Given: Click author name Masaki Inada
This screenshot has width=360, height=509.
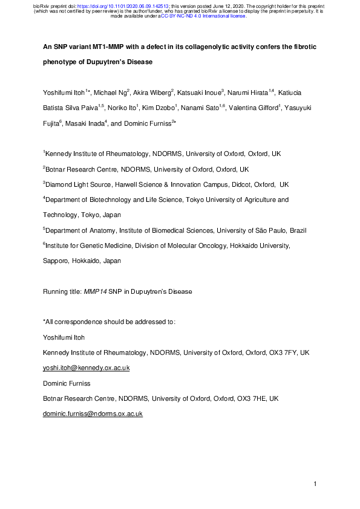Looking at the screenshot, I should point(73,123).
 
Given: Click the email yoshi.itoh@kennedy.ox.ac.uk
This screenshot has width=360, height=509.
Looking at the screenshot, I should point(86,368).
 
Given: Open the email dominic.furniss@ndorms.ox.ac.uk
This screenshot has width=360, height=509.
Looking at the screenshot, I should point(92,413).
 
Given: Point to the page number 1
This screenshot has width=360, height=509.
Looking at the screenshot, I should point(316,484).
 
